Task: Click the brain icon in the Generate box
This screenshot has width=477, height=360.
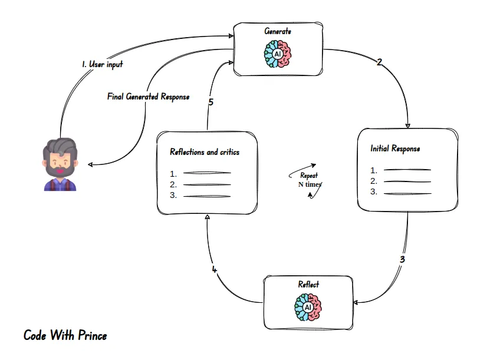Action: click(277, 53)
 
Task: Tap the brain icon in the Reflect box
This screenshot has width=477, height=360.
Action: click(308, 308)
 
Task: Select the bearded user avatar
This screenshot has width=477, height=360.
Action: click(60, 165)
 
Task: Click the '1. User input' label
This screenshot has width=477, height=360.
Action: click(103, 64)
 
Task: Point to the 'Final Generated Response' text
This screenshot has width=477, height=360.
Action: click(148, 96)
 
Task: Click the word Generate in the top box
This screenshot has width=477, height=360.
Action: click(278, 31)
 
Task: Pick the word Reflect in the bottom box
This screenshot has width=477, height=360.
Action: click(308, 285)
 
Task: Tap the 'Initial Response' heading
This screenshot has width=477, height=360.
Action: click(395, 148)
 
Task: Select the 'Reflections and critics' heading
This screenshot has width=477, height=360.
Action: click(205, 152)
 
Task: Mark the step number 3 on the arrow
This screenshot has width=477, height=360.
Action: click(402, 258)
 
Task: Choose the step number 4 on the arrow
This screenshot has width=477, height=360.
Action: click(215, 270)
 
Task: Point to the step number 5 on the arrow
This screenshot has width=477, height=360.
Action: click(210, 102)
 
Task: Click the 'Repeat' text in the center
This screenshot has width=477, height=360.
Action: click(309, 176)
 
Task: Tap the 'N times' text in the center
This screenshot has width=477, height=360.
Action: click(310, 184)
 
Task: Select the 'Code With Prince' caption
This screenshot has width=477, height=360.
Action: click(65, 336)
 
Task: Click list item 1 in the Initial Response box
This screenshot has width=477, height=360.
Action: click(401, 170)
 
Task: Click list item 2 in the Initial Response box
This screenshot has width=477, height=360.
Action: click(401, 181)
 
